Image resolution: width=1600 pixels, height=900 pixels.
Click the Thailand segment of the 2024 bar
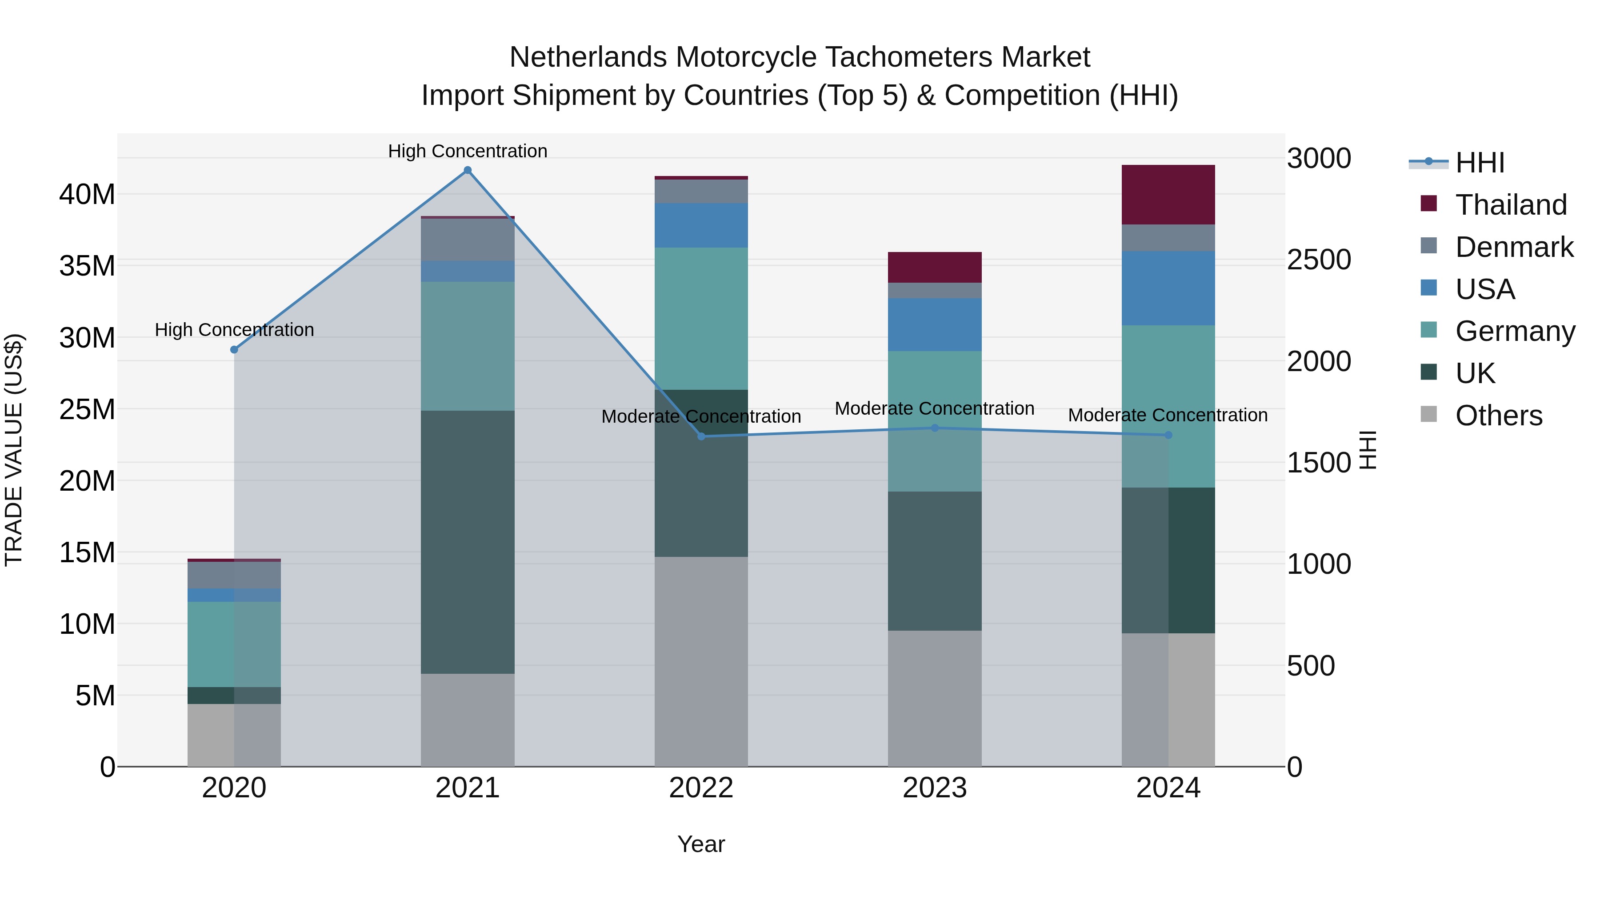(1168, 194)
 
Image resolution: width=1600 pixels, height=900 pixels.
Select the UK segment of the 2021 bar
(468, 542)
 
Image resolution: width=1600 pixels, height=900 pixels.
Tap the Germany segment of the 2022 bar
(701, 318)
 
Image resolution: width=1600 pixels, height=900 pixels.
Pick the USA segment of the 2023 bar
(934, 324)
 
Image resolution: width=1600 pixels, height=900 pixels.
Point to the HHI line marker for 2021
(468, 170)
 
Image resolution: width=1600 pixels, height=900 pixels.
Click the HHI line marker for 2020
(234, 350)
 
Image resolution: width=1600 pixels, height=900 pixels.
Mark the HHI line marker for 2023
(934, 428)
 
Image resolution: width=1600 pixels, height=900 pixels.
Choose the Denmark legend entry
(1514, 247)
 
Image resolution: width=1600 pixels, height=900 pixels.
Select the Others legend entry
(1498, 416)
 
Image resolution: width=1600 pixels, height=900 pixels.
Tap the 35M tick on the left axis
(87, 266)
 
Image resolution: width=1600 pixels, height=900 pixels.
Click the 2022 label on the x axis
(701, 788)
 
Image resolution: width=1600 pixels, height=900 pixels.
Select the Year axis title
(701, 844)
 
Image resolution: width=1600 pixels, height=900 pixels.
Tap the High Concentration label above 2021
(468, 151)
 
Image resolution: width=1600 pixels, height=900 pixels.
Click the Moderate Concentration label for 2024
(1168, 415)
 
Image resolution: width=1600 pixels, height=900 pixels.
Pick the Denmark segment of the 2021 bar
(468, 240)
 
